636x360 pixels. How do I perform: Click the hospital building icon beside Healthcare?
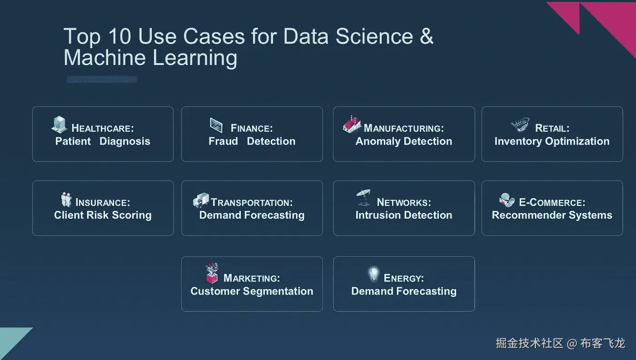tap(60, 125)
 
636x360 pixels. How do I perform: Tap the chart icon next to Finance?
tap(216, 125)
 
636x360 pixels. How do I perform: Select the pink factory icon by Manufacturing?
tap(352, 125)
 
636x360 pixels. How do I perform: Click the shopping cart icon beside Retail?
tap(521, 125)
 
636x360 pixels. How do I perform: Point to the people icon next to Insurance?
tap(66, 200)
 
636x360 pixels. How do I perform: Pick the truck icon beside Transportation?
tap(201, 200)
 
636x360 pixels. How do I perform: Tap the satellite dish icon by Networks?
tap(363, 197)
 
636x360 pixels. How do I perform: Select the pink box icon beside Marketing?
tap(212, 273)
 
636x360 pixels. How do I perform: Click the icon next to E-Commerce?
tap(507, 200)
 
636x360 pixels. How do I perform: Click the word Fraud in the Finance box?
tap(223, 141)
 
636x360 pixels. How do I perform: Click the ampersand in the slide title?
tap(427, 36)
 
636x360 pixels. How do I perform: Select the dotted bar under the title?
tap(102, 79)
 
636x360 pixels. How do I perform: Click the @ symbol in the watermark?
tap(572, 344)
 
